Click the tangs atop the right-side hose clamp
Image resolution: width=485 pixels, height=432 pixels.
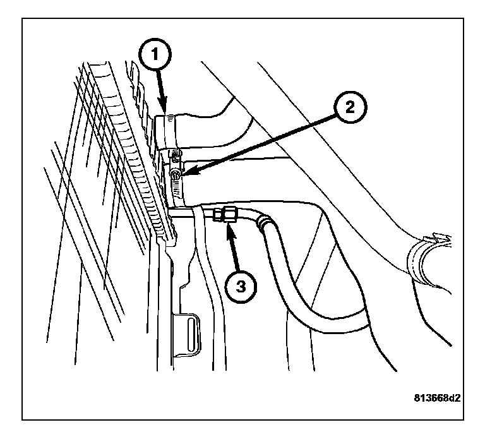click(x=437, y=238)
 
